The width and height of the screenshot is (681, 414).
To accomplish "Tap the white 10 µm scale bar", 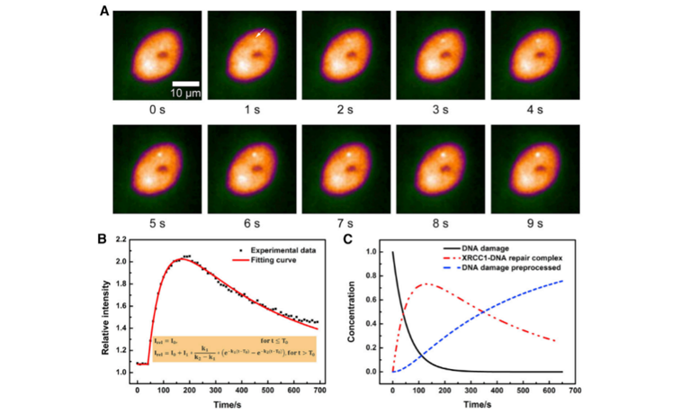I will click(x=186, y=83).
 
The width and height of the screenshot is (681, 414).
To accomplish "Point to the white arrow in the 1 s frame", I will click(x=260, y=32).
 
